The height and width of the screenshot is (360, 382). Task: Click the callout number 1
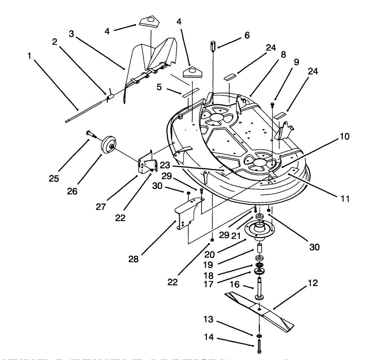pyautogui.click(x=30, y=55)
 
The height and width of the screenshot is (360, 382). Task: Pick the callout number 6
pyautogui.click(x=247, y=35)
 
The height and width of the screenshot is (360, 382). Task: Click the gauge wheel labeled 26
pyautogui.click(x=108, y=144)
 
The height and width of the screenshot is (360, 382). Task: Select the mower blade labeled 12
pyautogui.click(x=261, y=310)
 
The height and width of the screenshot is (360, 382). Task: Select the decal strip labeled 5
pyautogui.click(x=190, y=93)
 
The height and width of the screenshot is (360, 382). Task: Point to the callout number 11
pyautogui.click(x=345, y=199)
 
